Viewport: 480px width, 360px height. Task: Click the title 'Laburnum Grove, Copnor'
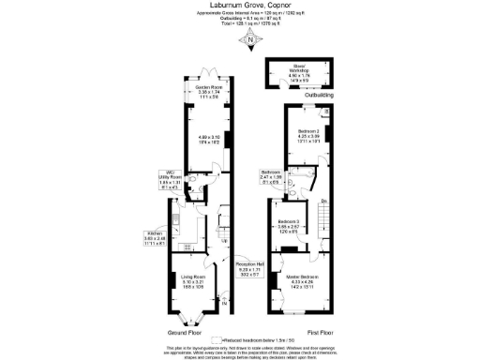[240, 6]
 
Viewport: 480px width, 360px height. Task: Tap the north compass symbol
[247, 38]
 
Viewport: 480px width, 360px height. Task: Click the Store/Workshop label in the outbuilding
[299, 68]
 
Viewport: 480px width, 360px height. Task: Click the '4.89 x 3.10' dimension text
[209, 140]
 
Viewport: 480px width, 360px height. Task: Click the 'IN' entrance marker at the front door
[226, 302]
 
